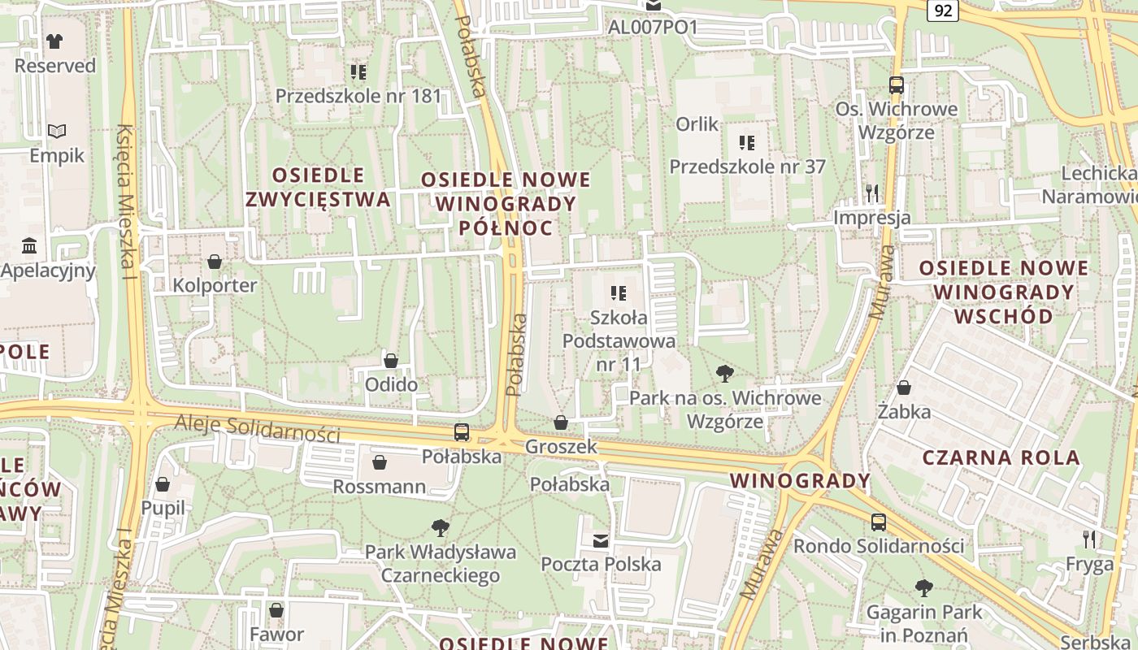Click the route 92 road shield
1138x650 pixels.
pyautogui.click(x=943, y=10)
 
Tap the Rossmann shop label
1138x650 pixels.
pyautogui.click(x=379, y=487)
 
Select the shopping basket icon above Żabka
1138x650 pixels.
pyautogui.click(x=903, y=388)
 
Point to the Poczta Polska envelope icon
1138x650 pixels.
pyautogui.click(x=601, y=540)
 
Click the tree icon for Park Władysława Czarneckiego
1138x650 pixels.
pyautogui.click(x=440, y=528)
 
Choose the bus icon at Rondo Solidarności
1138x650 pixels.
pyautogui.click(x=878, y=522)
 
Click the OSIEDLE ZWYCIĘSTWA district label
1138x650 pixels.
pyautogui.click(x=318, y=187)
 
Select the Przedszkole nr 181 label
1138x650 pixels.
pyautogui.click(x=358, y=96)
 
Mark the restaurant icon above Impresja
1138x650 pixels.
pyautogui.click(x=872, y=193)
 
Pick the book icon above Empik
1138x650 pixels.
pyautogui.click(x=56, y=131)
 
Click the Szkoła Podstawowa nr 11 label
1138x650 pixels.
pyautogui.click(x=619, y=340)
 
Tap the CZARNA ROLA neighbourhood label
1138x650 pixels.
pyautogui.click(x=1001, y=457)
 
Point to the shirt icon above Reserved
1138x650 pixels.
pyautogui.click(x=54, y=41)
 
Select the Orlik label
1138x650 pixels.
pyautogui.click(x=697, y=124)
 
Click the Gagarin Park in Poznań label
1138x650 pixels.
pyautogui.click(x=924, y=623)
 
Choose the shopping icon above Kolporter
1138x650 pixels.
pyautogui.click(x=215, y=262)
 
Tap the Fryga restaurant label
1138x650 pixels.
pyautogui.click(x=1089, y=564)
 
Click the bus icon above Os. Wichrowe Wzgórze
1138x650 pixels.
pyautogui.click(x=896, y=84)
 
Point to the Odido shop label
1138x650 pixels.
pyautogui.click(x=391, y=384)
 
